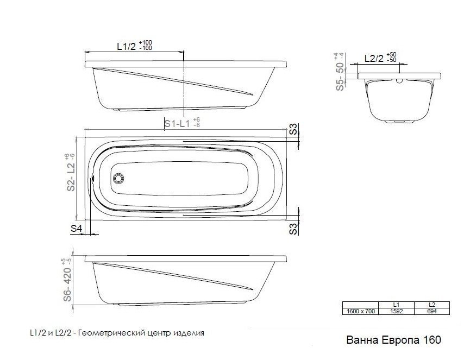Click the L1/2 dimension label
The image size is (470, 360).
[126, 46]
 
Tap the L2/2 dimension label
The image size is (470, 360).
[374, 59]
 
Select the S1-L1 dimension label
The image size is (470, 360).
[177, 123]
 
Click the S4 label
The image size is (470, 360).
[76, 229]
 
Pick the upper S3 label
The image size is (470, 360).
[294, 129]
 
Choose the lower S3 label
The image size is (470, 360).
[294, 229]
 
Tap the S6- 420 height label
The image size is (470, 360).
[67, 284]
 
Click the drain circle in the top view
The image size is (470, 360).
[118, 178]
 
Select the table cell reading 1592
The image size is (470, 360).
[396, 311]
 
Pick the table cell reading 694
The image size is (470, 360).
[431, 311]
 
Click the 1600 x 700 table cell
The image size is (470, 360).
[361, 311]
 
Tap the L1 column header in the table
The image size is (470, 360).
[396, 305]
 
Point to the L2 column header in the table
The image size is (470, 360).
[431, 305]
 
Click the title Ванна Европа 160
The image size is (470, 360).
[393, 340]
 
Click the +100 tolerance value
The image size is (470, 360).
[146, 42]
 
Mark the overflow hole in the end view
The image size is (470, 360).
[399, 80]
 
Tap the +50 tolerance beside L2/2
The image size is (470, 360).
[391, 54]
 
